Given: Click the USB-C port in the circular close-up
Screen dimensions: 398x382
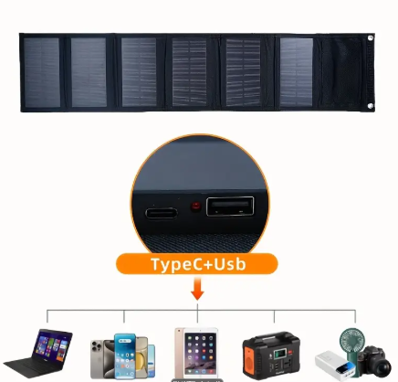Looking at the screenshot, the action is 162,213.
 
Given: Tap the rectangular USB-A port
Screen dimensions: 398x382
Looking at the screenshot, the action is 230,207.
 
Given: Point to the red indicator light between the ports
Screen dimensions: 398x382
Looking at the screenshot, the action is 195,207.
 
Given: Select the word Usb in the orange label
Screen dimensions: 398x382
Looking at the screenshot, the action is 230,264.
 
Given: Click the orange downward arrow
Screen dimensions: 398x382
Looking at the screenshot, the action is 197,288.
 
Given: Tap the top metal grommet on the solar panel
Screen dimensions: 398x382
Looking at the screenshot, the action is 371,38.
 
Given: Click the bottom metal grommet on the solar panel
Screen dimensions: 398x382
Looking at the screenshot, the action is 371,106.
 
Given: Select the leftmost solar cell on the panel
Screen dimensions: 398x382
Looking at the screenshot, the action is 42,72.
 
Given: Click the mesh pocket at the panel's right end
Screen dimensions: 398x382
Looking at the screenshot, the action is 341,72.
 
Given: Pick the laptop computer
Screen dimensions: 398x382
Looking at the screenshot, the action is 38,353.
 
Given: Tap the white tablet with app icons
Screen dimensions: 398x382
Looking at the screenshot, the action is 196,354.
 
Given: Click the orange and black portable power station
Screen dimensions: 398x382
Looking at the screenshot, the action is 271,355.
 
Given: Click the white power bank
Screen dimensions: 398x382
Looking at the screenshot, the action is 334,366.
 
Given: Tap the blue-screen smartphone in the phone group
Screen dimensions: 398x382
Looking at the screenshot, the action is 125,355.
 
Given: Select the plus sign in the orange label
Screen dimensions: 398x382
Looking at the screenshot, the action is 207,265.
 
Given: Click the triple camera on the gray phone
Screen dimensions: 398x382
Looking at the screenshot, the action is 97,346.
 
